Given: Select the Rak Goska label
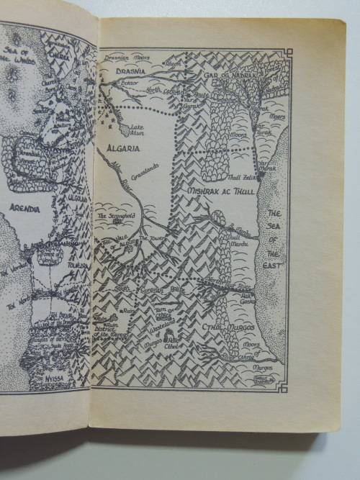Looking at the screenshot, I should (x=247, y=295).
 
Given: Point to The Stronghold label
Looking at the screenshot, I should (x=114, y=215).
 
